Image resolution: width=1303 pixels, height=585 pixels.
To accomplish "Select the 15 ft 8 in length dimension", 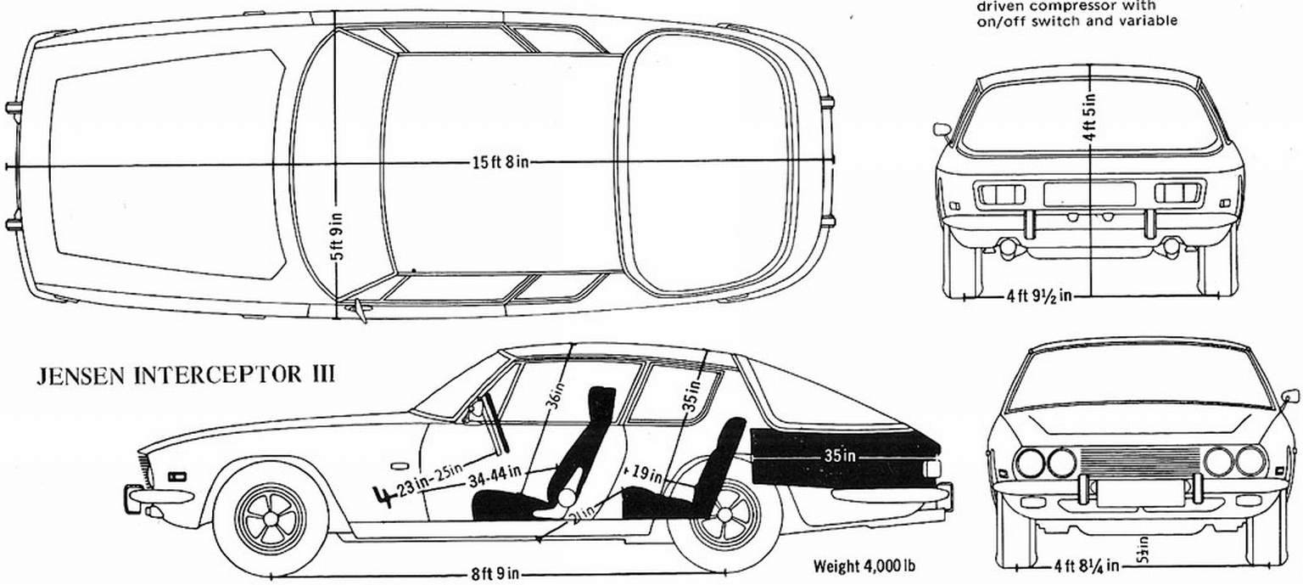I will click(501, 163).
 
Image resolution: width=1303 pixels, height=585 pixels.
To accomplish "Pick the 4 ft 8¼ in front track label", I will click(1086, 565).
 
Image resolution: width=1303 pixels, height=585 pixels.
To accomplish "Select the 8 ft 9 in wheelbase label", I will click(495, 573).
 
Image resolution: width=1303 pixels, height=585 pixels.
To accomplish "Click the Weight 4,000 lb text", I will click(864, 565).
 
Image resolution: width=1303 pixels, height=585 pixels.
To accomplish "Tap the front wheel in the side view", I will click(270, 515).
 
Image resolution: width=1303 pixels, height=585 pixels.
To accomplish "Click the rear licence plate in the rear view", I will click(1089, 194).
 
